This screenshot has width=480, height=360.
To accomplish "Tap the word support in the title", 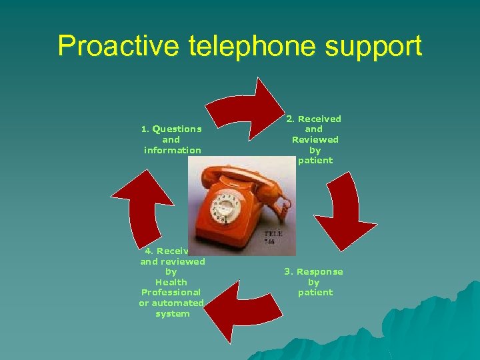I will pos(381,47).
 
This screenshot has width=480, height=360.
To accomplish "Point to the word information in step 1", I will pos(172,150).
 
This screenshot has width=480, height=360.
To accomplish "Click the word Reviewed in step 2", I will pos(315,139).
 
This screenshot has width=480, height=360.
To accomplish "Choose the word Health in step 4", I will pos(171,282).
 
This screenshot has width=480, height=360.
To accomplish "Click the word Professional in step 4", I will pos(171,292).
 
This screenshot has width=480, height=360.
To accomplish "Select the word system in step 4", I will pos(172,313).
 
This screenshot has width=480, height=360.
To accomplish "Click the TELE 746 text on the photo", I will pos(274,238).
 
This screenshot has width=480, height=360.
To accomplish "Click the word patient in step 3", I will pos(315,292).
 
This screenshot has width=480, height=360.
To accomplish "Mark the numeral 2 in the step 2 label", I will pos(289,119).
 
